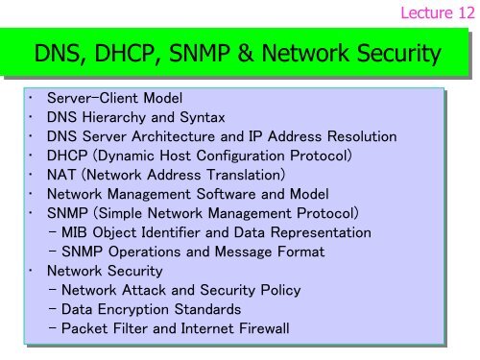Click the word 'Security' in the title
(x=396, y=56)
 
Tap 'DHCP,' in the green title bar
(x=127, y=56)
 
